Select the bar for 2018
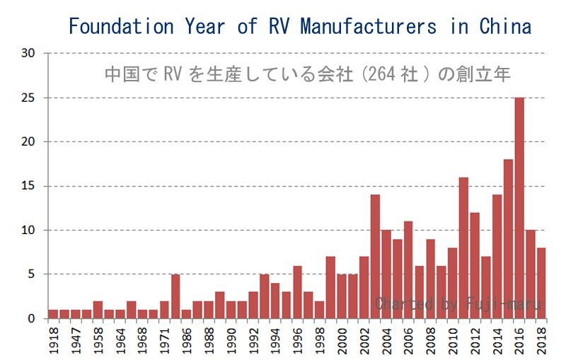[542, 283]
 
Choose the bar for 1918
[53, 314]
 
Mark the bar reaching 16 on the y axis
[463, 248]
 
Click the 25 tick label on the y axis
[28, 98]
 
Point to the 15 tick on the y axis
[28, 186]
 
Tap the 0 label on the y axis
[31, 319]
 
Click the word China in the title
[505, 27]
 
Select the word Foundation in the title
[121, 27]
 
